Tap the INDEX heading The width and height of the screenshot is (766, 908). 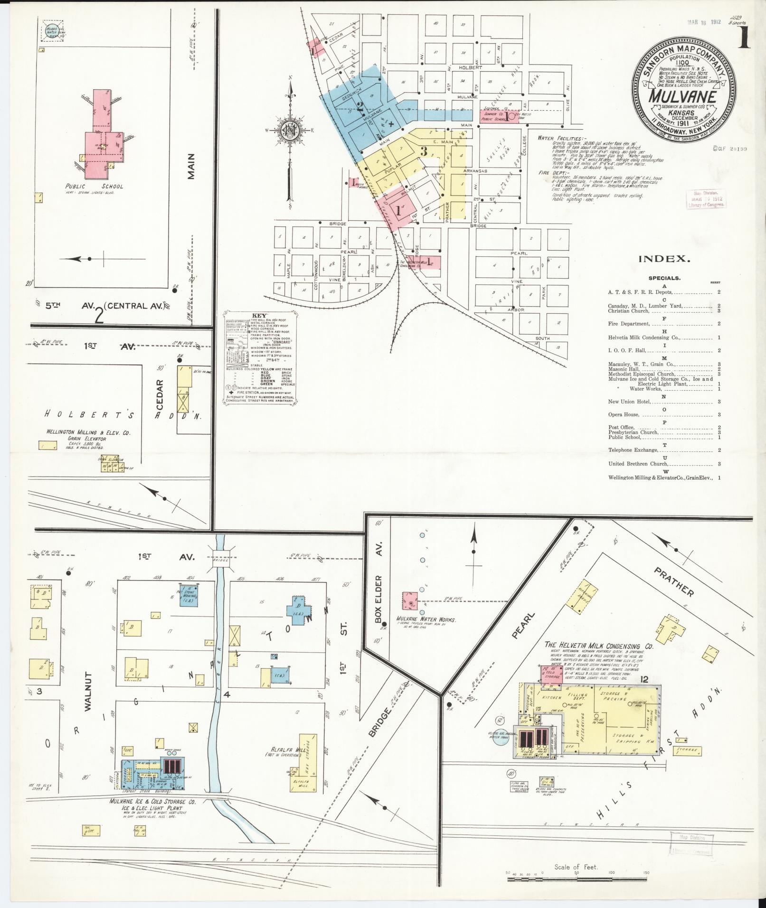tap(664, 259)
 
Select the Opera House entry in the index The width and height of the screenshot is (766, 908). tap(624, 415)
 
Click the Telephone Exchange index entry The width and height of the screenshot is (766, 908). tap(626, 450)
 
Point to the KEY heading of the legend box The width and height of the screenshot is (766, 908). tap(260, 316)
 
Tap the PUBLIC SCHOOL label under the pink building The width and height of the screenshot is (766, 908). tap(94, 187)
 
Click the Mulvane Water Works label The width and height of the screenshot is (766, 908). tap(426, 620)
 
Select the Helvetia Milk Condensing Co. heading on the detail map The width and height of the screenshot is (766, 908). tap(599, 646)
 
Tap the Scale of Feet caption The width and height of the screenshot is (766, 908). tap(576, 867)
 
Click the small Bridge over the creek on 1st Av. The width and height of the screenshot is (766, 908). tap(221, 560)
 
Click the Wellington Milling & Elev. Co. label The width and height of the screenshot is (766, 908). tap(87, 432)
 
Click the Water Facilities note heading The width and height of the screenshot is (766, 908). tap(559, 138)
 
